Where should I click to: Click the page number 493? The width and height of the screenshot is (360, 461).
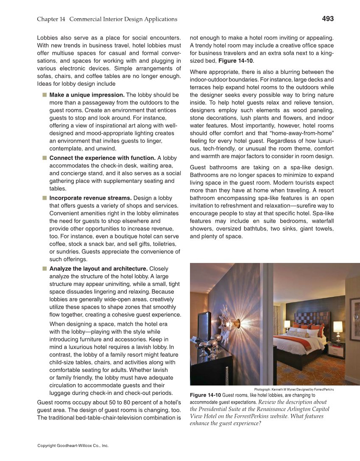[327, 19]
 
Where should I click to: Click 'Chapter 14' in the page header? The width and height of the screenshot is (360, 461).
[51, 19]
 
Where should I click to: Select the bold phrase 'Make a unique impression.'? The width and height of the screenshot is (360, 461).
[87, 95]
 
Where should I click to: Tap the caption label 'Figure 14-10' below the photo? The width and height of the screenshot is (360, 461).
[205, 395]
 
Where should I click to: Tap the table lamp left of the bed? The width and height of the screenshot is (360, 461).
[287, 325]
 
